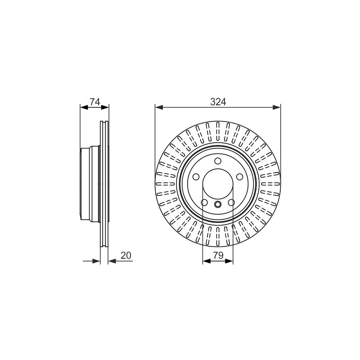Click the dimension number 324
coord(218,102)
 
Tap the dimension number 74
coord(95,102)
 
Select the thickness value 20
coord(126,255)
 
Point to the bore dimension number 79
coord(218,255)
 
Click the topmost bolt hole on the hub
coord(218,161)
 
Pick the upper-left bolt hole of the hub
coord(196,177)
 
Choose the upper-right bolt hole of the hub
coord(239,177)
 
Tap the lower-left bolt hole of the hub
coord(204,202)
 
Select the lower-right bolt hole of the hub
coord(231,202)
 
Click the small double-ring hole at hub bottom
coord(218,204)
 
